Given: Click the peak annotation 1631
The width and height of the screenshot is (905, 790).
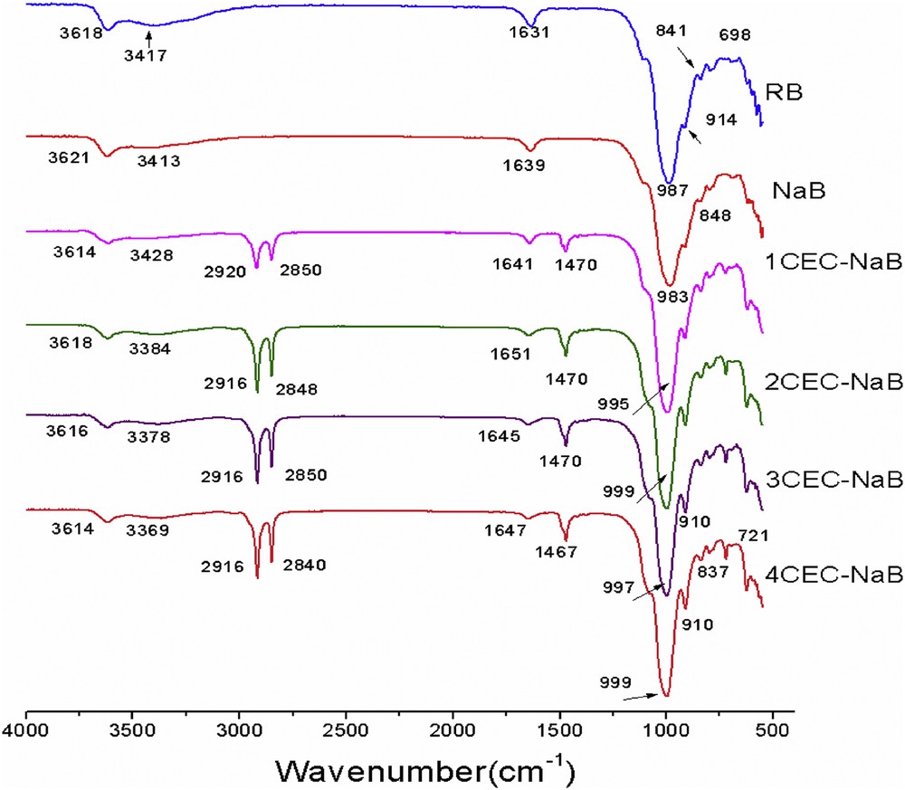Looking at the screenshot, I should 532,33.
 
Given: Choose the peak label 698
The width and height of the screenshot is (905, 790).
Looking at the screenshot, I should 734,34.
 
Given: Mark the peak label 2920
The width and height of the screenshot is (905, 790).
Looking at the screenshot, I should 226,270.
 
